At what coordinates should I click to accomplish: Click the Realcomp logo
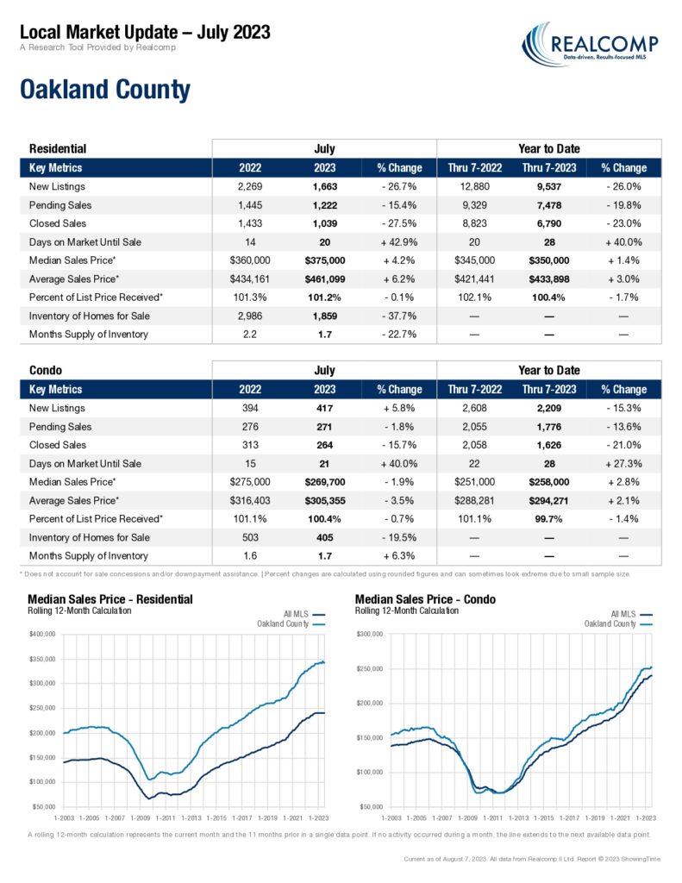(590, 44)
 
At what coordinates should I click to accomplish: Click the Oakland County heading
(105, 90)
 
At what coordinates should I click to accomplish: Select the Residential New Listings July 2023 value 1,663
(325, 186)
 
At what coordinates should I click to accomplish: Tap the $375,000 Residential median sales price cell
(325, 260)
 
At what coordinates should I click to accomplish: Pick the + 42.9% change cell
(399, 242)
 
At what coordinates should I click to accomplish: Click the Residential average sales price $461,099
(325, 279)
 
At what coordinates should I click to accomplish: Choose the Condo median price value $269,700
(325, 482)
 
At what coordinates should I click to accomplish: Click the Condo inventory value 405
(325, 537)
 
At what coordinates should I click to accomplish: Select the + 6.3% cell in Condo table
(399, 556)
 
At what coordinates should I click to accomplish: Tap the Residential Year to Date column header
(549, 148)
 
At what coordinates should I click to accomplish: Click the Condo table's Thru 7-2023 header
(549, 389)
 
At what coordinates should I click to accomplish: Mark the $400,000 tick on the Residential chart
(42, 634)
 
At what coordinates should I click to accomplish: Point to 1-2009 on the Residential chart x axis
(141, 817)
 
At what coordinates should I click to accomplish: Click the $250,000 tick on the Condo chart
(369, 668)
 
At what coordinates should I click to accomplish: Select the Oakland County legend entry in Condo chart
(618, 624)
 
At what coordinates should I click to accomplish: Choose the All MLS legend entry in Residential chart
(304, 614)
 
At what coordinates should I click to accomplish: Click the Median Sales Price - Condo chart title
(425, 599)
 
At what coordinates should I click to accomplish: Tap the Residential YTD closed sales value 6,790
(549, 223)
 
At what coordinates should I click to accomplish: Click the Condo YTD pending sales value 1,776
(549, 427)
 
